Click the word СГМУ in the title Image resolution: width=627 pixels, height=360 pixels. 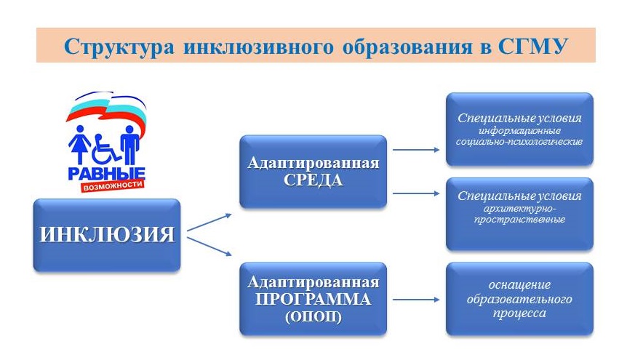pos(533,47)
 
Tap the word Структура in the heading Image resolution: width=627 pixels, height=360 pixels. pos(119,47)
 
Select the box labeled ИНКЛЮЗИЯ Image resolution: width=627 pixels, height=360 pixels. pos(107,235)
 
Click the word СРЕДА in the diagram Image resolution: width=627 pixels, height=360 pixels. pos(313,180)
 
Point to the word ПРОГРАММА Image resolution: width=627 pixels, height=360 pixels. pos(313,299)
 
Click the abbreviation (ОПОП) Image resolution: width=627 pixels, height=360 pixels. pos(313,317)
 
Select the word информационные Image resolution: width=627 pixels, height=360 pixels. pos(519,131)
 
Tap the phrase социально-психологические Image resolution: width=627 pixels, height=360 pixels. pos(519,142)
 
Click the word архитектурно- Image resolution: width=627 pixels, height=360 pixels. pos(519,209)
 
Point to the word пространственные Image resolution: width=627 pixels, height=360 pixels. pos(519,219)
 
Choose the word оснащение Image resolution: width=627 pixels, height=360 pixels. pos(519,285)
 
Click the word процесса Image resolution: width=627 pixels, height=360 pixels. pos(519,313)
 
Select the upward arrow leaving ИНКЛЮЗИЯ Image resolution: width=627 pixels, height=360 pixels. pos(209,223)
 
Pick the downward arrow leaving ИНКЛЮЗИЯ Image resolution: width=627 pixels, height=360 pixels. pos(209,247)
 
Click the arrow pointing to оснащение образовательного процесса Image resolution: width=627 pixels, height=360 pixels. pos(416,299)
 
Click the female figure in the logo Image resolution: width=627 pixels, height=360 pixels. pos(79,144)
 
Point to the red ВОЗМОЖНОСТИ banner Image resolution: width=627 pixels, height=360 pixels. pos(112,185)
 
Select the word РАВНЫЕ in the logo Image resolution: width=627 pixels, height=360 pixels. pos(106,174)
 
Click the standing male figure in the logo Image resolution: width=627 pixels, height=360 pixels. pos(129,144)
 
